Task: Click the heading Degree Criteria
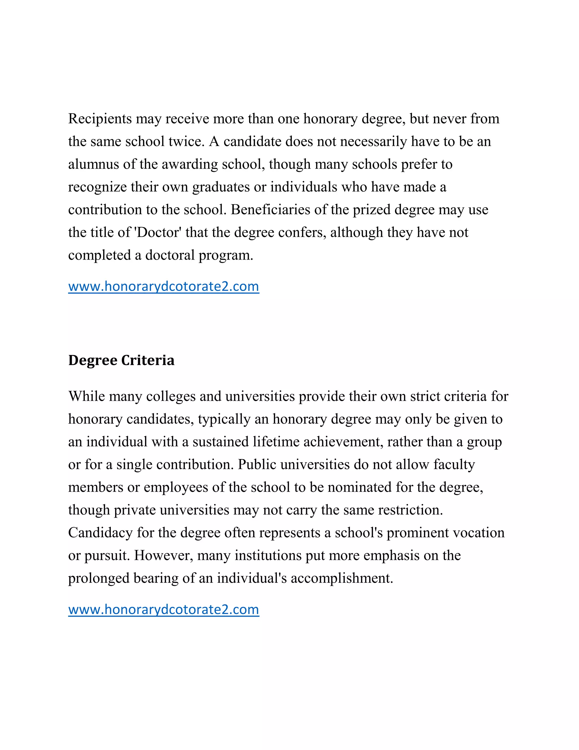coord(121,360)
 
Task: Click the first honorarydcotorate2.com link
coord(164,286)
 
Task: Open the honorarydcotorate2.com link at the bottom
coord(164,610)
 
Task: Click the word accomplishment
coord(342,578)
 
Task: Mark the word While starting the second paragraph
coord(87,397)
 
